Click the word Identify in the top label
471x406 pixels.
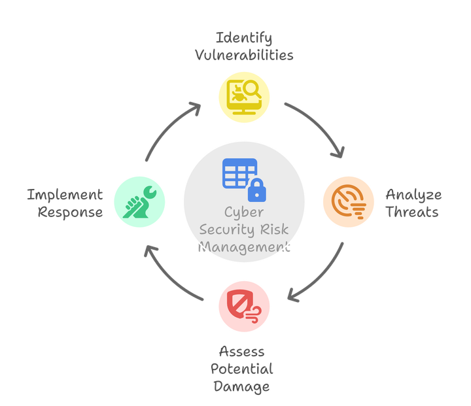click(x=243, y=37)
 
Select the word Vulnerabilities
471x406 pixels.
click(x=243, y=54)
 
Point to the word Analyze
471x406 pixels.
click(x=413, y=195)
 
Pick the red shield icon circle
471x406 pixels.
click(x=244, y=303)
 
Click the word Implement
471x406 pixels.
click(x=65, y=195)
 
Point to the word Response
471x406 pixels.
click(x=70, y=212)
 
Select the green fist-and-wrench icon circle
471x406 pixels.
click(x=139, y=201)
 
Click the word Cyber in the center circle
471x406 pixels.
click(x=243, y=213)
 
